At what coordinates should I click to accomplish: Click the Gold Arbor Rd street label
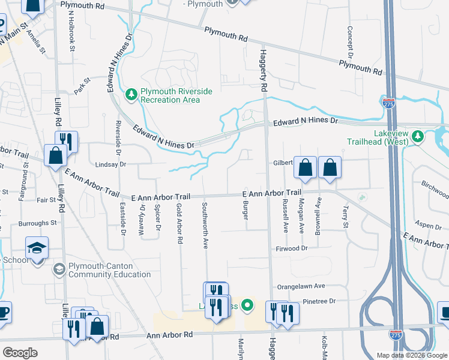(x=179, y=223)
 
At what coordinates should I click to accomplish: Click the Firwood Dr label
(x=291, y=248)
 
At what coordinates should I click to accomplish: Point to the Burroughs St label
(x=37, y=223)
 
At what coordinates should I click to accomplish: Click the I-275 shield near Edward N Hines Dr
(x=389, y=103)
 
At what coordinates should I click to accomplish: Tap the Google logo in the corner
(x=20, y=352)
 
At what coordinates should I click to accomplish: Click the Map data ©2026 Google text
(x=411, y=355)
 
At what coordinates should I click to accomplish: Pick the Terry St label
(x=345, y=217)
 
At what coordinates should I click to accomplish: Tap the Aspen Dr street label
(x=429, y=225)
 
